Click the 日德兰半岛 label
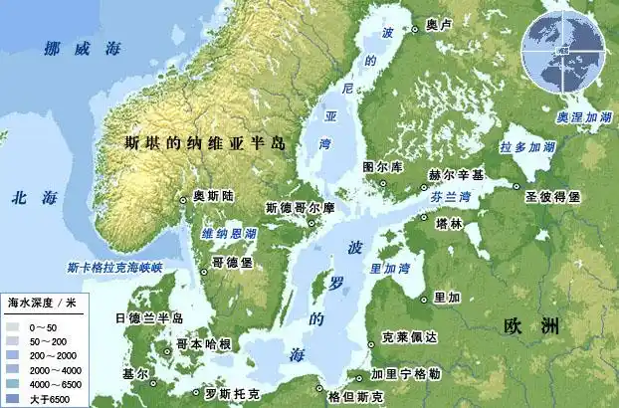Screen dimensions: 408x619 [150, 318]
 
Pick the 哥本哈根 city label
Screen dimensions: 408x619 [204, 344]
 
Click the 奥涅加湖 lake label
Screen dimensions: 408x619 [584, 116]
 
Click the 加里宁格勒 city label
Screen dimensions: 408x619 [405, 374]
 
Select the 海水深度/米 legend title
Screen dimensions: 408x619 [42, 301]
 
